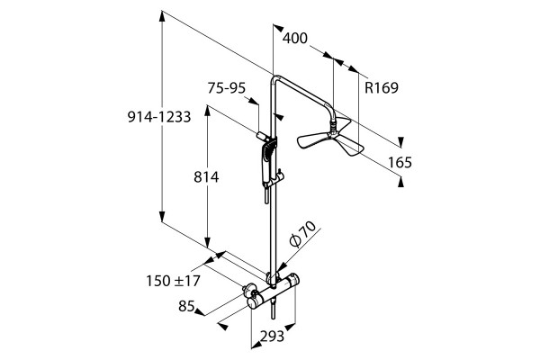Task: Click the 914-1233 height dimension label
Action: (159, 117)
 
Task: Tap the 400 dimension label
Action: (295, 38)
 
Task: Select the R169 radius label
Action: (382, 88)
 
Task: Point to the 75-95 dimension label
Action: (226, 88)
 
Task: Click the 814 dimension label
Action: (206, 177)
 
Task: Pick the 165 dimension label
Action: (400, 162)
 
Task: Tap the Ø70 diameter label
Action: (302, 234)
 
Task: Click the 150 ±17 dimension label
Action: (173, 281)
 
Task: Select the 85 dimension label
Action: (186, 306)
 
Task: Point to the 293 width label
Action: (272, 336)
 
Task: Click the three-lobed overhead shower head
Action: (330, 136)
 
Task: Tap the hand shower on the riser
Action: (268, 166)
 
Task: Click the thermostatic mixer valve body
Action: (272, 291)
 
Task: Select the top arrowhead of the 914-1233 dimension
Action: (162, 15)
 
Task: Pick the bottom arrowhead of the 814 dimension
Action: (207, 242)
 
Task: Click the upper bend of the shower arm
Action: (274, 78)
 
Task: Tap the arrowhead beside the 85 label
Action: (200, 311)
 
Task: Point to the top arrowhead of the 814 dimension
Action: (207, 110)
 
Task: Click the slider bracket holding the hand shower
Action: (279, 176)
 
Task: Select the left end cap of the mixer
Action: (253, 303)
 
